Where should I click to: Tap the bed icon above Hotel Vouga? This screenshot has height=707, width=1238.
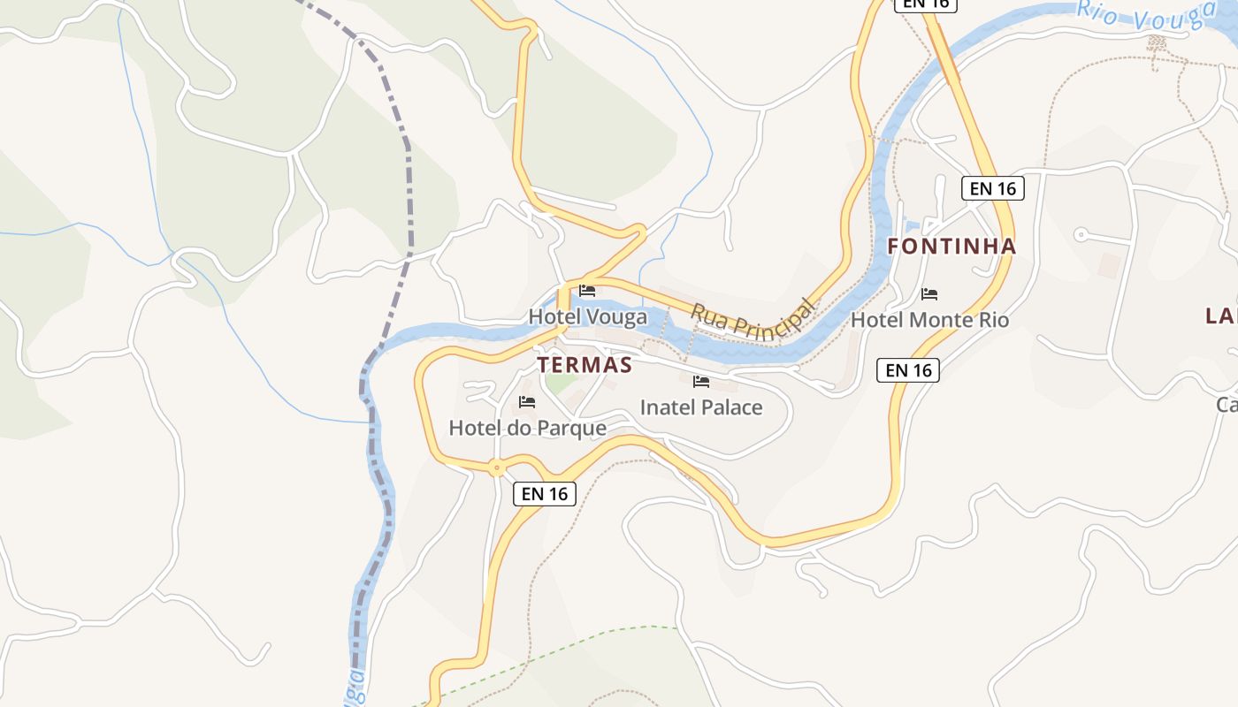pyautogui.click(x=586, y=291)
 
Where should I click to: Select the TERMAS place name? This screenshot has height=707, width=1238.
pyautogui.click(x=585, y=365)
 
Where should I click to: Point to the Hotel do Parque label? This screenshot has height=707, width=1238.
pyautogui.click(x=527, y=429)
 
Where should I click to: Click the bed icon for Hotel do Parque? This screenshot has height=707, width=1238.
pyautogui.click(x=527, y=402)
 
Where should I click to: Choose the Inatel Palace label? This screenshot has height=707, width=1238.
pyautogui.click(x=700, y=407)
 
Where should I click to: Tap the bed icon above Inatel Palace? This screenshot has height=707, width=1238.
pyautogui.click(x=701, y=382)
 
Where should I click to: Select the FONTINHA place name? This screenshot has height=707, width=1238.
pyautogui.click(x=951, y=247)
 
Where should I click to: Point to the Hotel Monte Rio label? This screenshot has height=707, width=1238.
pyautogui.click(x=929, y=319)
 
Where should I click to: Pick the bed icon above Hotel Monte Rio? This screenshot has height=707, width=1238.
pyautogui.click(x=928, y=293)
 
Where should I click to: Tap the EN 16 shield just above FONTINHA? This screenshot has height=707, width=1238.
pyautogui.click(x=992, y=188)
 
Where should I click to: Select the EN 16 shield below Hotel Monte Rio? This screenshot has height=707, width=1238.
pyautogui.click(x=908, y=370)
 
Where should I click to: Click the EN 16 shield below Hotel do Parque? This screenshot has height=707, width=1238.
pyautogui.click(x=545, y=494)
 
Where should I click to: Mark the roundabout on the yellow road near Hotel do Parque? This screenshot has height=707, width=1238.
pyautogui.click(x=497, y=468)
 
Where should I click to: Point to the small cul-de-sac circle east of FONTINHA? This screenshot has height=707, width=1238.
pyautogui.click(x=1080, y=234)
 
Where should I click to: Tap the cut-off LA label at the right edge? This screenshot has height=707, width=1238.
pyautogui.click(x=1221, y=315)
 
